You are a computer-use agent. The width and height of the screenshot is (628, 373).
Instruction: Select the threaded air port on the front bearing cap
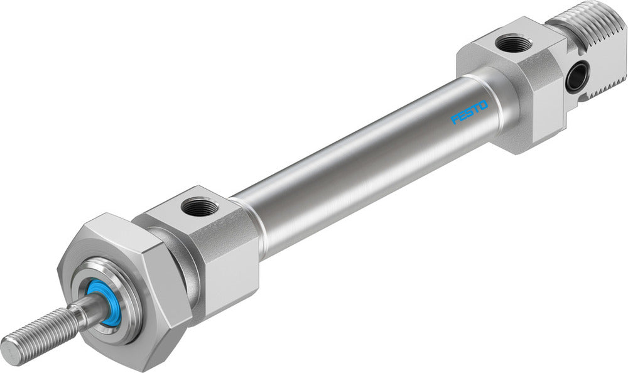(199, 207)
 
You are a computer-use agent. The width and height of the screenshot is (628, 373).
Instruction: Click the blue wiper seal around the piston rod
(104, 303)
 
